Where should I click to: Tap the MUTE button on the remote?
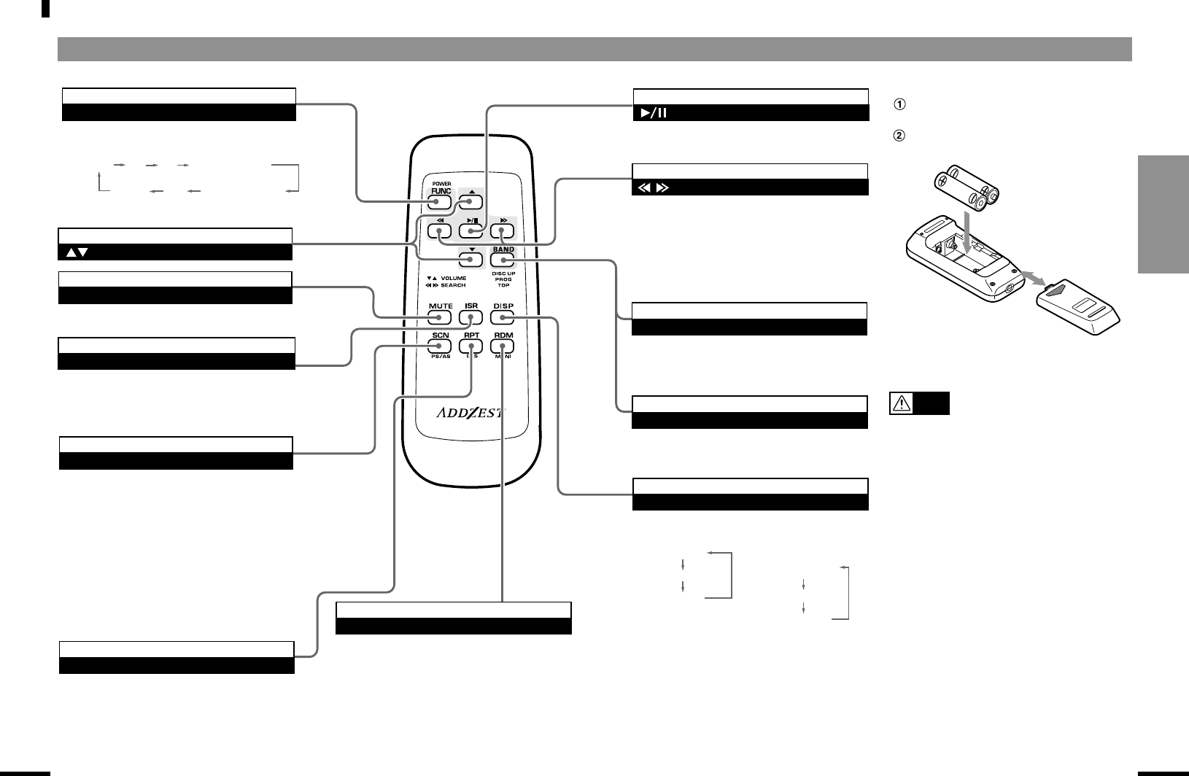[x=441, y=318]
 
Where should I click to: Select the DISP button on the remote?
[x=503, y=318]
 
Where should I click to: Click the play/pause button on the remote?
[x=472, y=231]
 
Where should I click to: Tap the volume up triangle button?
[x=472, y=203]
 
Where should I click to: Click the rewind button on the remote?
[x=441, y=231]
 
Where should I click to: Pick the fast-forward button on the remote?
[x=503, y=231]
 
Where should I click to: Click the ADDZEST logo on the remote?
[x=471, y=413]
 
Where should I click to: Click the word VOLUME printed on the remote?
[x=453, y=278]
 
